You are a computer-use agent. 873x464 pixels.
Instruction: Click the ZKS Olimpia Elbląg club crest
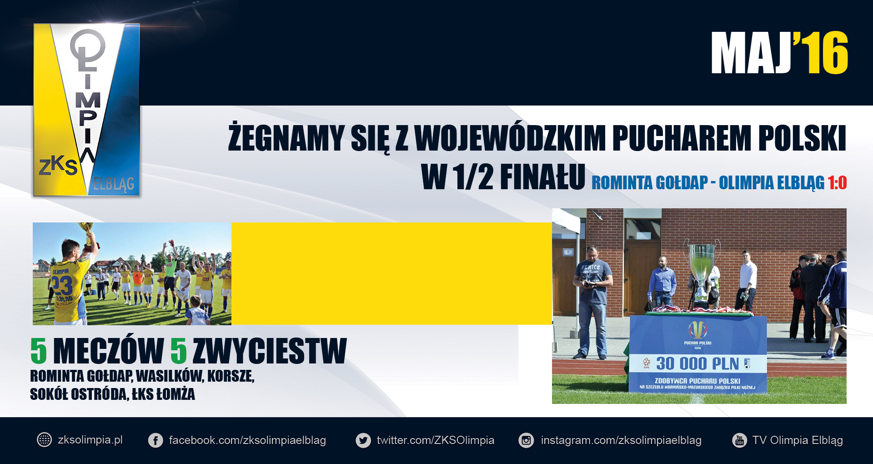[x=86, y=110]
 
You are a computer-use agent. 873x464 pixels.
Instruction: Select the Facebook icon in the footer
[x=156, y=440]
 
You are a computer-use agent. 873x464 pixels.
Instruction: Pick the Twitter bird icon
[x=363, y=440]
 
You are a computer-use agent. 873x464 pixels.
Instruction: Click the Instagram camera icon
[x=526, y=440]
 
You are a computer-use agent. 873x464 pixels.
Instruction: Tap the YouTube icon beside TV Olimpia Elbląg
[x=739, y=440]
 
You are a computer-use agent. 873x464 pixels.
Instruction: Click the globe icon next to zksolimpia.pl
[x=44, y=440]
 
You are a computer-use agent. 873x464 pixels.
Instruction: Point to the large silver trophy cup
[x=702, y=273]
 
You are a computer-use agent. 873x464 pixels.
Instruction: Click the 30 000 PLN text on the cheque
[x=697, y=364]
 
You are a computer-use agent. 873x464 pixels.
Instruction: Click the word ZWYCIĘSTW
[x=270, y=351]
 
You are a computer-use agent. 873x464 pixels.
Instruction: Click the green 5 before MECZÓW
[x=39, y=351]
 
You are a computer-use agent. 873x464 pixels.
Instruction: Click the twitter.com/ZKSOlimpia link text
[x=435, y=440]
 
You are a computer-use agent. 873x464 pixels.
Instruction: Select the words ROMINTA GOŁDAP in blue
[x=650, y=183]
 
